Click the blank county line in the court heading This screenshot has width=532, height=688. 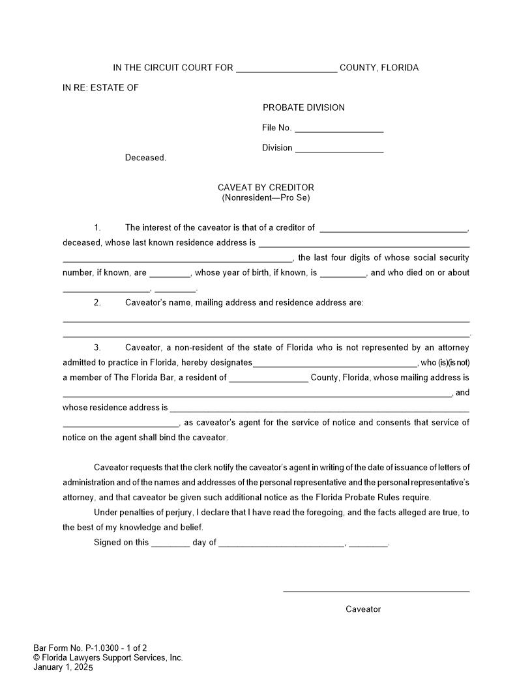tap(286, 70)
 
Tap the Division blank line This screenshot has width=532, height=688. tap(339, 151)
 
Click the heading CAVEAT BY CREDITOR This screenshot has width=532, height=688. tap(265, 188)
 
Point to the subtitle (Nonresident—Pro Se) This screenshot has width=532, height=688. tap(265, 197)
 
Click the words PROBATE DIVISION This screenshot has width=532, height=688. tap(303, 107)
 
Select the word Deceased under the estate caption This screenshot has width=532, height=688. tap(145, 158)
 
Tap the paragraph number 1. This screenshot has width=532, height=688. tap(97, 227)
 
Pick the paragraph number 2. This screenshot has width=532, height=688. tap(97, 302)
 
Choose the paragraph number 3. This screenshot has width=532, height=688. tap(97, 347)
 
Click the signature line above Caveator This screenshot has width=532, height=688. tap(376, 591)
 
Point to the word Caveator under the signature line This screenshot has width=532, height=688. tap(363, 609)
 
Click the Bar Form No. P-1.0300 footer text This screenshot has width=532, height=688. tap(90, 648)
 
